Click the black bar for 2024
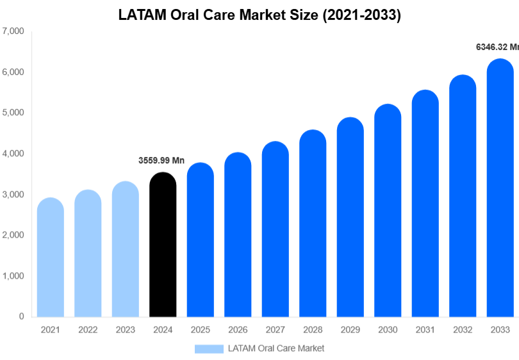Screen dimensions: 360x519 coord(163,247)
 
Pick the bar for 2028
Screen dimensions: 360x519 coord(313,224)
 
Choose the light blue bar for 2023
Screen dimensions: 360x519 coord(126,250)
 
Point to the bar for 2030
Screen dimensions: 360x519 coord(388,211)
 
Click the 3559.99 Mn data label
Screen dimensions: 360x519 coord(161,161)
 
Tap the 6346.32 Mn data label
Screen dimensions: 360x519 coord(497,47)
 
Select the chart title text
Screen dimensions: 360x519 coord(259,16)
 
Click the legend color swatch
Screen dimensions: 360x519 coord(210,348)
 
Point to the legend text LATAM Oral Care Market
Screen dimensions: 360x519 coord(276,348)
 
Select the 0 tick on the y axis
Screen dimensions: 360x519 coord(21,316)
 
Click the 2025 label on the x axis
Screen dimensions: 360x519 coord(201,330)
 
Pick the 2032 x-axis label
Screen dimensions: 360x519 coord(462,330)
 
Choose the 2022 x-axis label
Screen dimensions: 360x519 coord(88,330)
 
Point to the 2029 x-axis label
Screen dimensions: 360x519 coord(350,330)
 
